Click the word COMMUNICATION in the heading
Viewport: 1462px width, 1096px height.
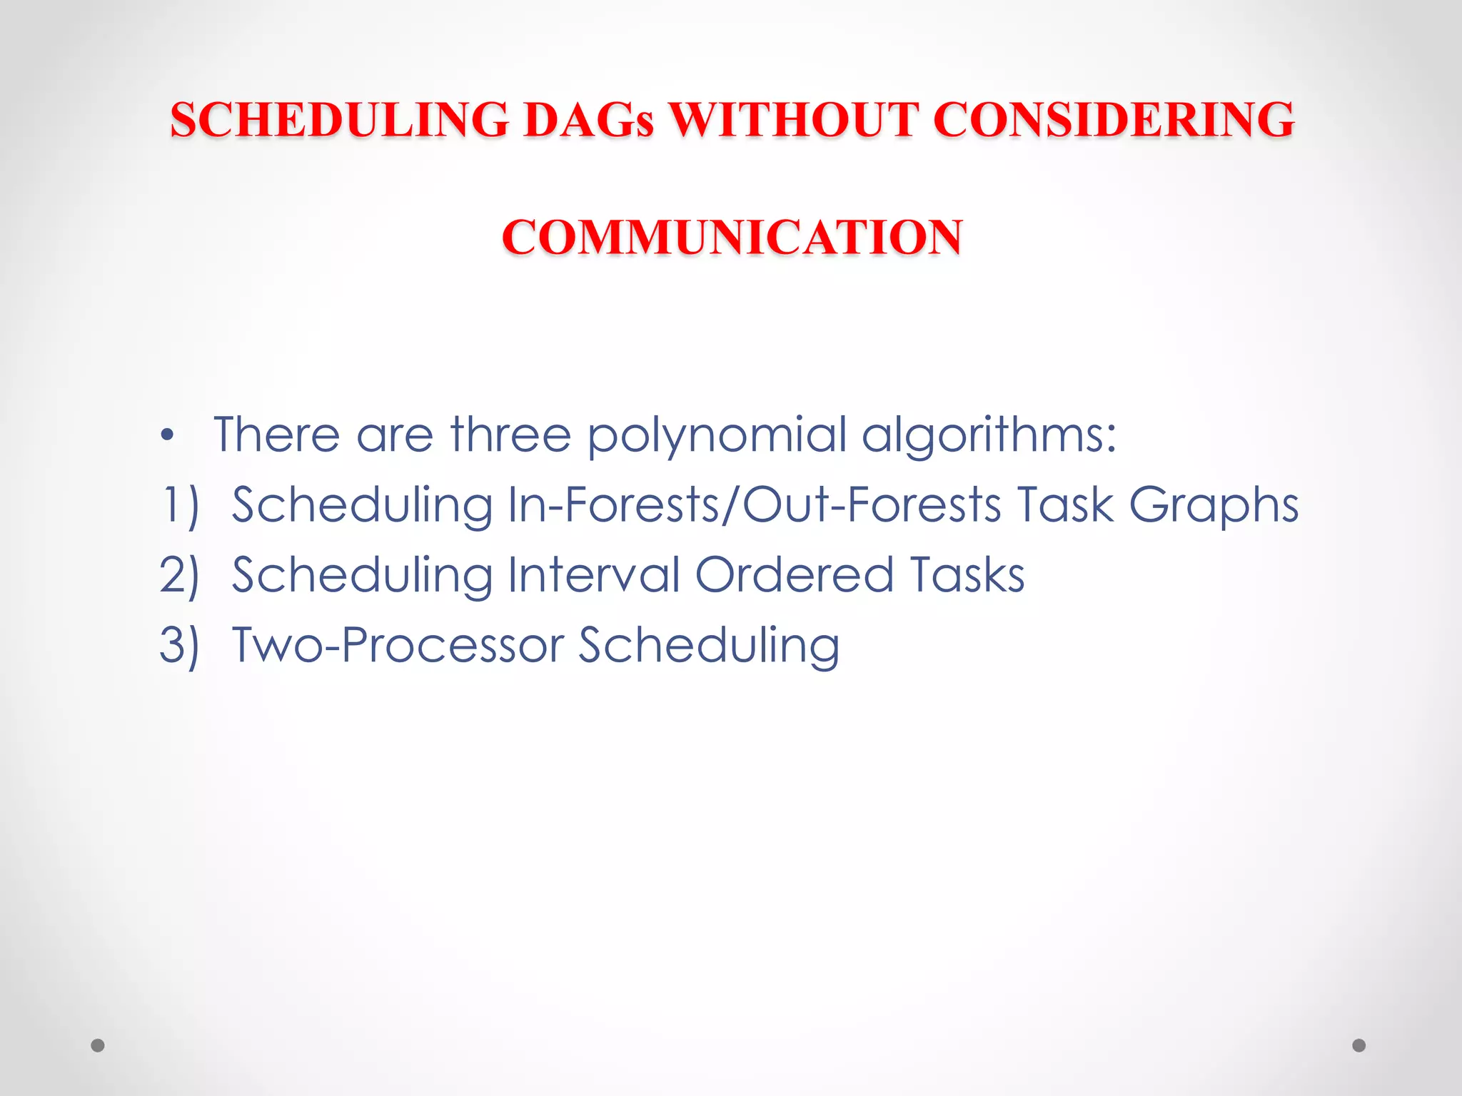point(732,237)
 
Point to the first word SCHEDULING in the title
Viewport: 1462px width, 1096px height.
point(339,119)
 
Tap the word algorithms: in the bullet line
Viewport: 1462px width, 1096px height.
point(989,435)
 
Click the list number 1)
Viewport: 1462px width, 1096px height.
point(179,505)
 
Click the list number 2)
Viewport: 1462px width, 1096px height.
point(179,575)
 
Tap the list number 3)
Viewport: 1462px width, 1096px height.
point(179,645)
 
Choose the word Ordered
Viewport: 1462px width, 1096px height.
point(794,574)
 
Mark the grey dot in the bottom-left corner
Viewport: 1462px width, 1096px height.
point(98,1045)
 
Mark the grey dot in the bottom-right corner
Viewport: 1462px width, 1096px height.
point(1359,1045)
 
